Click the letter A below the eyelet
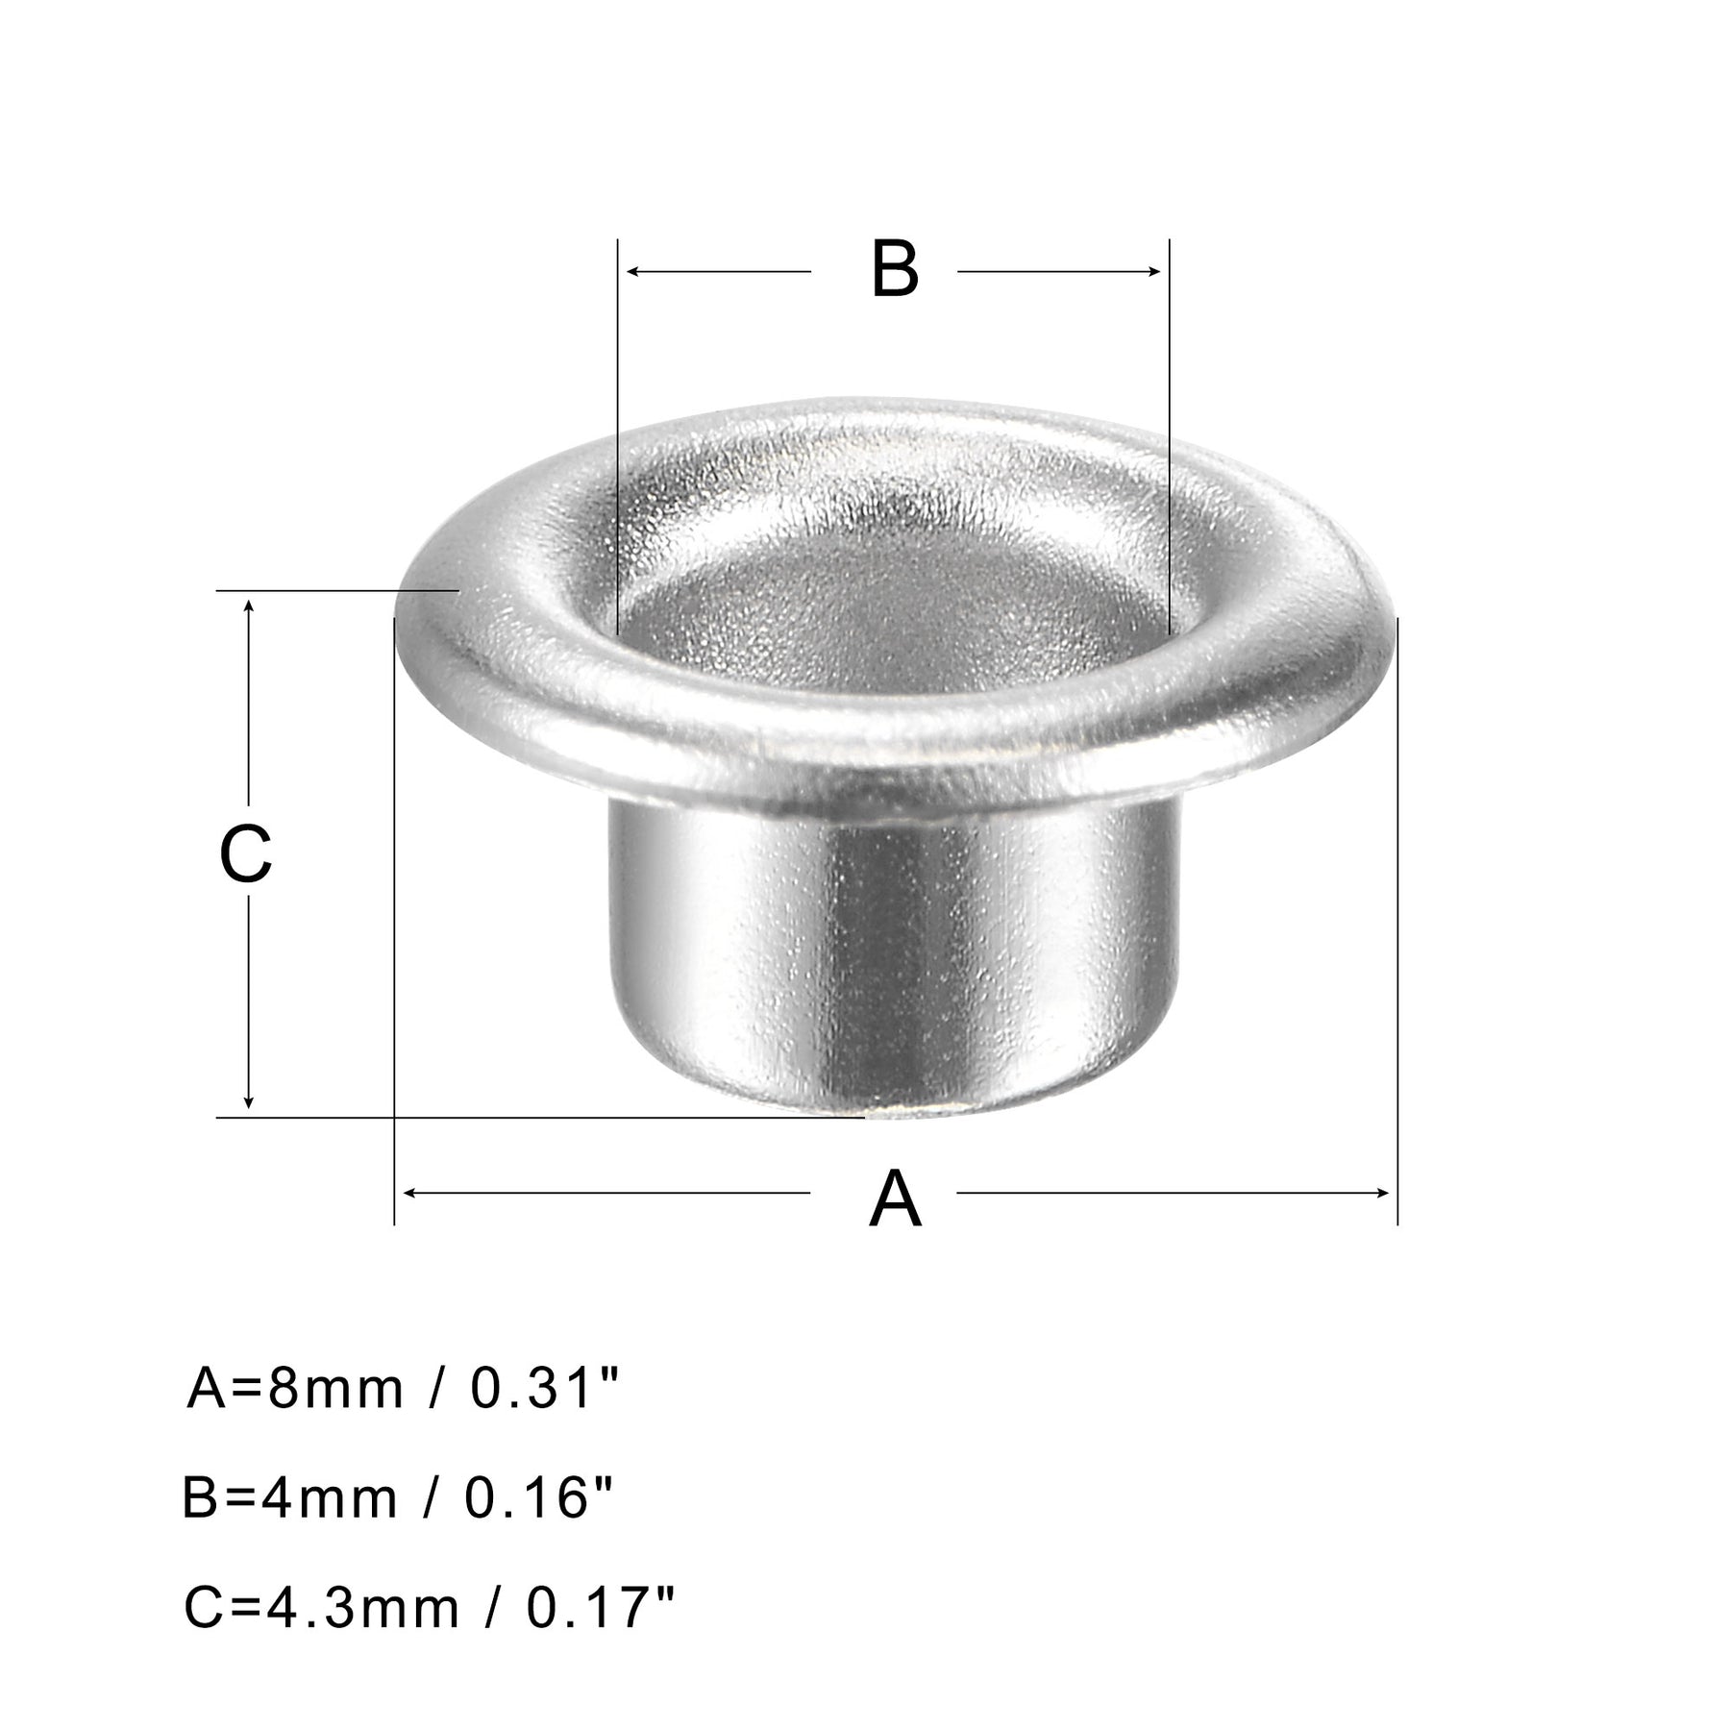click(x=895, y=1199)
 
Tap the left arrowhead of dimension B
click(x=634, y=272)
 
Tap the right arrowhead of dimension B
click(x=1152, y=272)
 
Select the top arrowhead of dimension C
click(x=249, y=608)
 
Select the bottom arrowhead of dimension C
click(x=249, y=1100)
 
